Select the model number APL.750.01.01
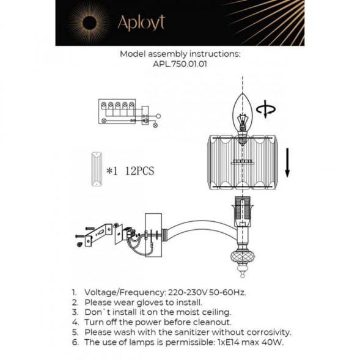coord(180,62)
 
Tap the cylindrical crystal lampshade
coord(243,161)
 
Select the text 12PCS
coord(139,171)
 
